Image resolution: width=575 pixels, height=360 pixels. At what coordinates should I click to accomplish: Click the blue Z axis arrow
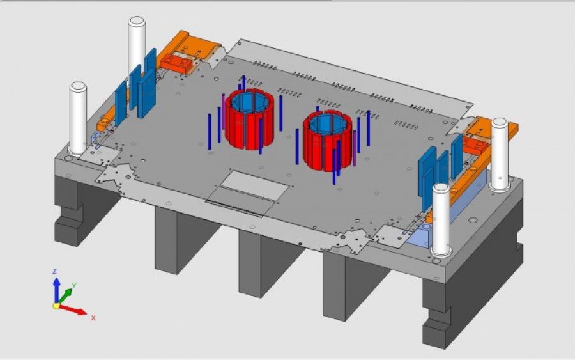click(x=56, y=289)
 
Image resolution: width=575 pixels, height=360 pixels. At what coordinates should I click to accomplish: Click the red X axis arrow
click(x=73, y=309)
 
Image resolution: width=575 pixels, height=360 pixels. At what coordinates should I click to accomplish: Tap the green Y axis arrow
click(x=65, y=297)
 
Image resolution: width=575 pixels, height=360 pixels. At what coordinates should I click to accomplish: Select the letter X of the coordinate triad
click(x=93, y=318)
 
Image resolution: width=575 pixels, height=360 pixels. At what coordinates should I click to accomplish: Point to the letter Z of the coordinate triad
click(x=55, y=272)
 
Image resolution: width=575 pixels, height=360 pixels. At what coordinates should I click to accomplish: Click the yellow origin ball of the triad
click(x=56, y=305)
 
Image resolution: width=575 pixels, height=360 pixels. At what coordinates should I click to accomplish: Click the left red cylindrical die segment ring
click(x=249, y=121)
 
